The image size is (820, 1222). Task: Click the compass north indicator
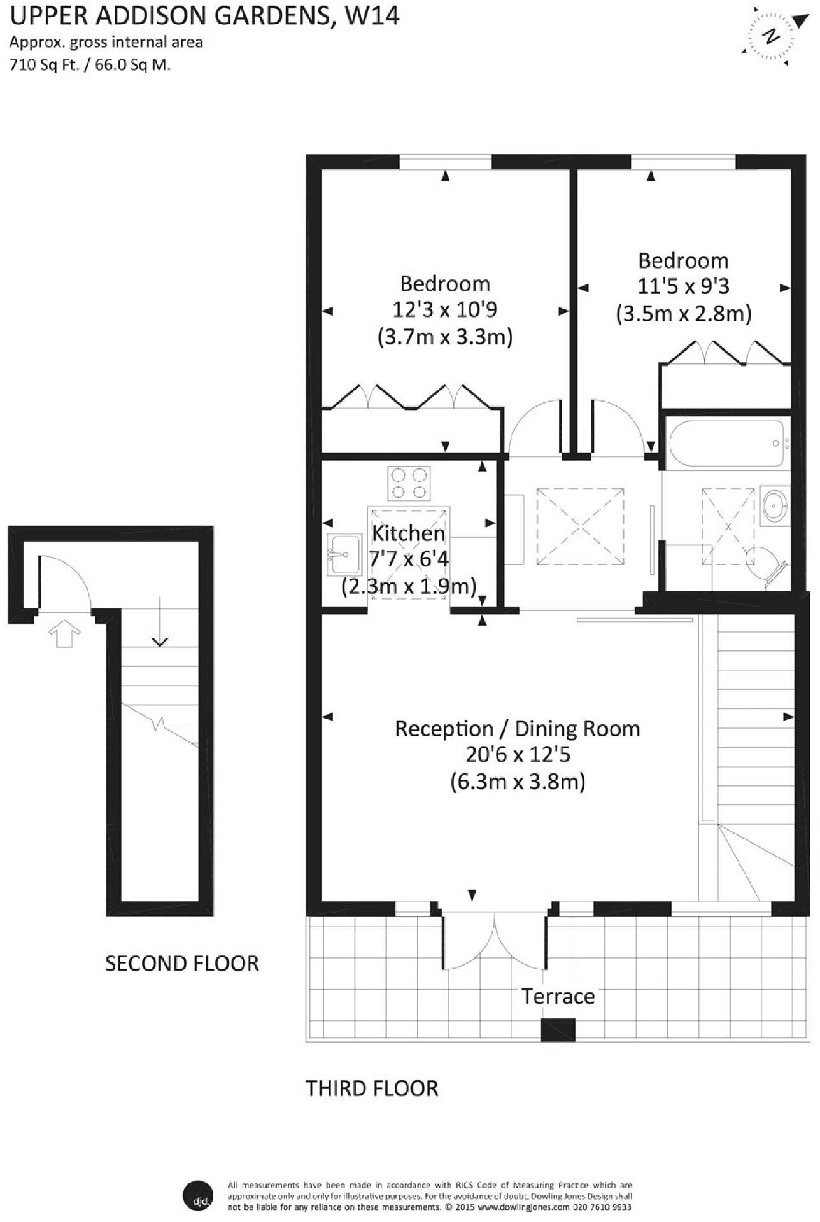click(x=771, y=36)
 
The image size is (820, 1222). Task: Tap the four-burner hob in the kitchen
click(x=409, y=483)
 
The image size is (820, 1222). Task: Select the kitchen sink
click(x=344, y=554)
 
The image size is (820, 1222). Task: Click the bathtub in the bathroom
click(x=726, y=444)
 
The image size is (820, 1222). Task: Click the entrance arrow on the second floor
click(x=65, y=634)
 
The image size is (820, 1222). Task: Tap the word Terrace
click(x=558, y=996)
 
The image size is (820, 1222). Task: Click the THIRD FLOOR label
click(x=372, y=1088)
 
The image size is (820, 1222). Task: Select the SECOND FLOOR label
click(x=182, y=964)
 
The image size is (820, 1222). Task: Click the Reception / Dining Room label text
click(x=518, y=729)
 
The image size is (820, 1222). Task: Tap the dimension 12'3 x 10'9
click(x=445, y=310)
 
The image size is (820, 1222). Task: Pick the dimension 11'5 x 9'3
click(x=683, y=287)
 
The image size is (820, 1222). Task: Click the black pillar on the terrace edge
click(x=558, y=1030)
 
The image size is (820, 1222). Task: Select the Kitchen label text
click(x=408, y=533)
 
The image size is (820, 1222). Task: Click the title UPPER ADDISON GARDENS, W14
click(x=205, y=15)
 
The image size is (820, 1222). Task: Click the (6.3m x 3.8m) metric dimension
click(x=518, y=781)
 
